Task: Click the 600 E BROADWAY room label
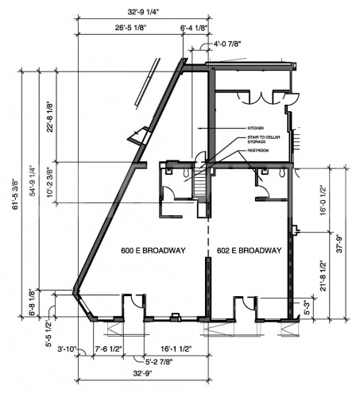pos(153,251)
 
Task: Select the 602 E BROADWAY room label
pos(249,251)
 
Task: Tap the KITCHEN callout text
pos(255,128)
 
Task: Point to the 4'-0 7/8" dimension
pos(228,45)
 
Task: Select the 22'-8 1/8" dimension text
pos(50,116)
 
